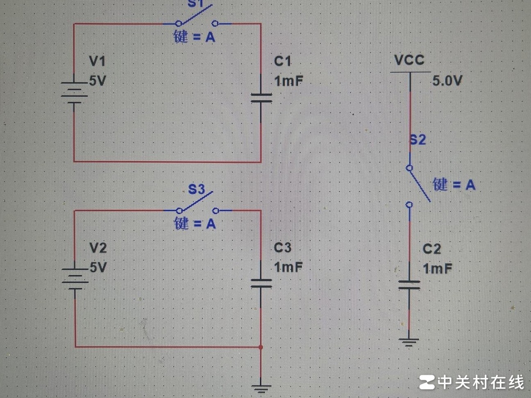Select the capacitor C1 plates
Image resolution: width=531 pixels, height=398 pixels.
coord(261,98)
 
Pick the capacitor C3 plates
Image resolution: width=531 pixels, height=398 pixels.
coord(261,283)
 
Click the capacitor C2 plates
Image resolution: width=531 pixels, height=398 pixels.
coord(409,285)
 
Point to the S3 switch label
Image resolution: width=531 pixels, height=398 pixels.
coord(196,189)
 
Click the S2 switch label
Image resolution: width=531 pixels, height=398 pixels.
coord(418,140)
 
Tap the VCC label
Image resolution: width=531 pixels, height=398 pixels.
coord(409,60)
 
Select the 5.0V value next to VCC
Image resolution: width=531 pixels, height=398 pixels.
coord(447,81)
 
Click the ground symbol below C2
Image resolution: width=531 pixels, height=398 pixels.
coord(409,341)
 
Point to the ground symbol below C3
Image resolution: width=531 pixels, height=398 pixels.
coord(261,387)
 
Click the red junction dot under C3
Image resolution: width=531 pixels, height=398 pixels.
coord(261,347)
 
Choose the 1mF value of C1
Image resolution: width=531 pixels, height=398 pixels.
coord(288,81)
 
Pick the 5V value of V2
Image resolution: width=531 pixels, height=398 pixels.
coord(98,267)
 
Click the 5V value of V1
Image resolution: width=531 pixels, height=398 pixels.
coord(98,81)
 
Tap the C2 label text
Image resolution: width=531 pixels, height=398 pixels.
coord(432,249)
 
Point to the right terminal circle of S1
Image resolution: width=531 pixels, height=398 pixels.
coord(215,23)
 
